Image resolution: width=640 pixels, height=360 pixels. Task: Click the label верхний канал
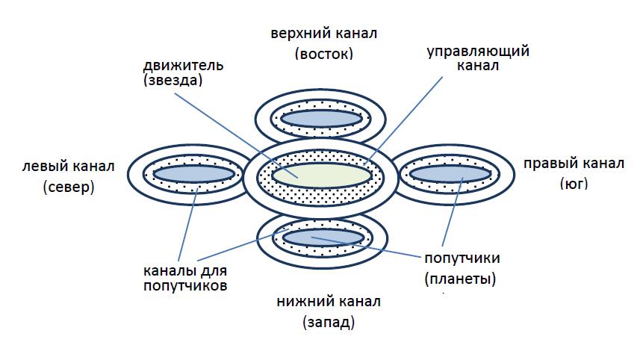tap(324, 34)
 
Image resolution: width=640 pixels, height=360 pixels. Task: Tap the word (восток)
tap(324, 54)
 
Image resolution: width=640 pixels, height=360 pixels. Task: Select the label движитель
tap(182, 65)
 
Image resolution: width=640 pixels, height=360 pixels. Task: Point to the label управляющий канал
tap(478, 58)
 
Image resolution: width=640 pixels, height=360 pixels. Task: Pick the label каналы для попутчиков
tap(184, 277)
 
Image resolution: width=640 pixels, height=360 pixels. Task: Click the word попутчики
tap(463, 258)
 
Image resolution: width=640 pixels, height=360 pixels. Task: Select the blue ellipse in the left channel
tap(194, 173)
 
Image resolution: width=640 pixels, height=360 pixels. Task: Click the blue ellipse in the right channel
tap(448, 173)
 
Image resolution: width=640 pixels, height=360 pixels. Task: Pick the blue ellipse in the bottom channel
tap(323, 238)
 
